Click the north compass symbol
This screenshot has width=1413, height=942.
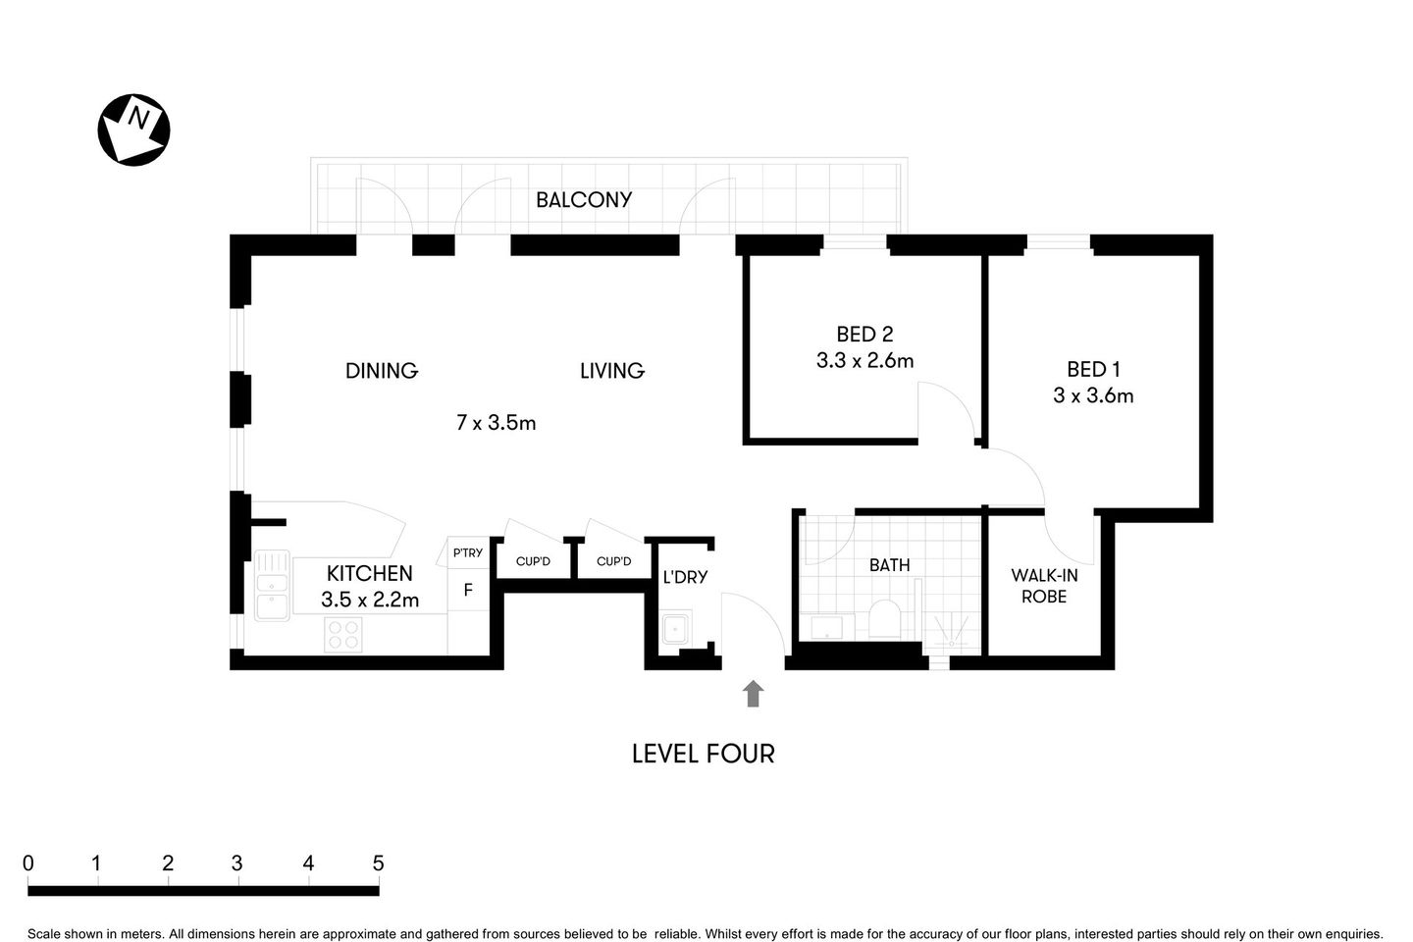(133, 130)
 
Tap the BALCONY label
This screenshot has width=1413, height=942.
(583, 200)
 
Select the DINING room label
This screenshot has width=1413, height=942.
(382, 371)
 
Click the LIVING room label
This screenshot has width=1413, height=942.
(611, 371)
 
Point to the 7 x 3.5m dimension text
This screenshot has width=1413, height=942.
(496, 423)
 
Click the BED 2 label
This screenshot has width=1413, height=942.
(864, 335)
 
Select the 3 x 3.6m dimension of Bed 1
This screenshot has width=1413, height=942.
(1093, 395)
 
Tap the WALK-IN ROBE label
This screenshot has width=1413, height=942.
(1044, 586)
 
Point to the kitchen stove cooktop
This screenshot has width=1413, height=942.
(342, 635)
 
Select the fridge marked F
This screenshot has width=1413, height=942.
(468, 591)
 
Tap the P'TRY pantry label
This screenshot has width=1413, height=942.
(468, 552)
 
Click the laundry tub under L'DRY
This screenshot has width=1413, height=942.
(676, 628)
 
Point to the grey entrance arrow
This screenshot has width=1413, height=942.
(753, 694)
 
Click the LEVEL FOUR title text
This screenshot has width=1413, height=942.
(703, 754)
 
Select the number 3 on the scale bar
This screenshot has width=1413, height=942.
(237, 863)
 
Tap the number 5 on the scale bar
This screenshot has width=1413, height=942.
(378, 863)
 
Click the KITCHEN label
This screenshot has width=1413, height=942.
(369, 573)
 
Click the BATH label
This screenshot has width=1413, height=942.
(889, 565)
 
